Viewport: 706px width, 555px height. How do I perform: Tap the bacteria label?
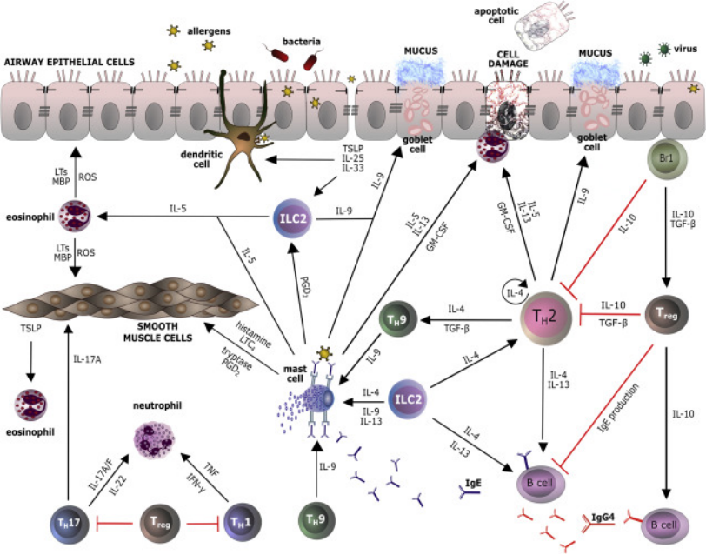coord(300,40)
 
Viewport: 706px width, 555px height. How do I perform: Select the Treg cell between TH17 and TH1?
coord(154,525)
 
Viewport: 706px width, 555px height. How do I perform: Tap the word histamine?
coord(230,325)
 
